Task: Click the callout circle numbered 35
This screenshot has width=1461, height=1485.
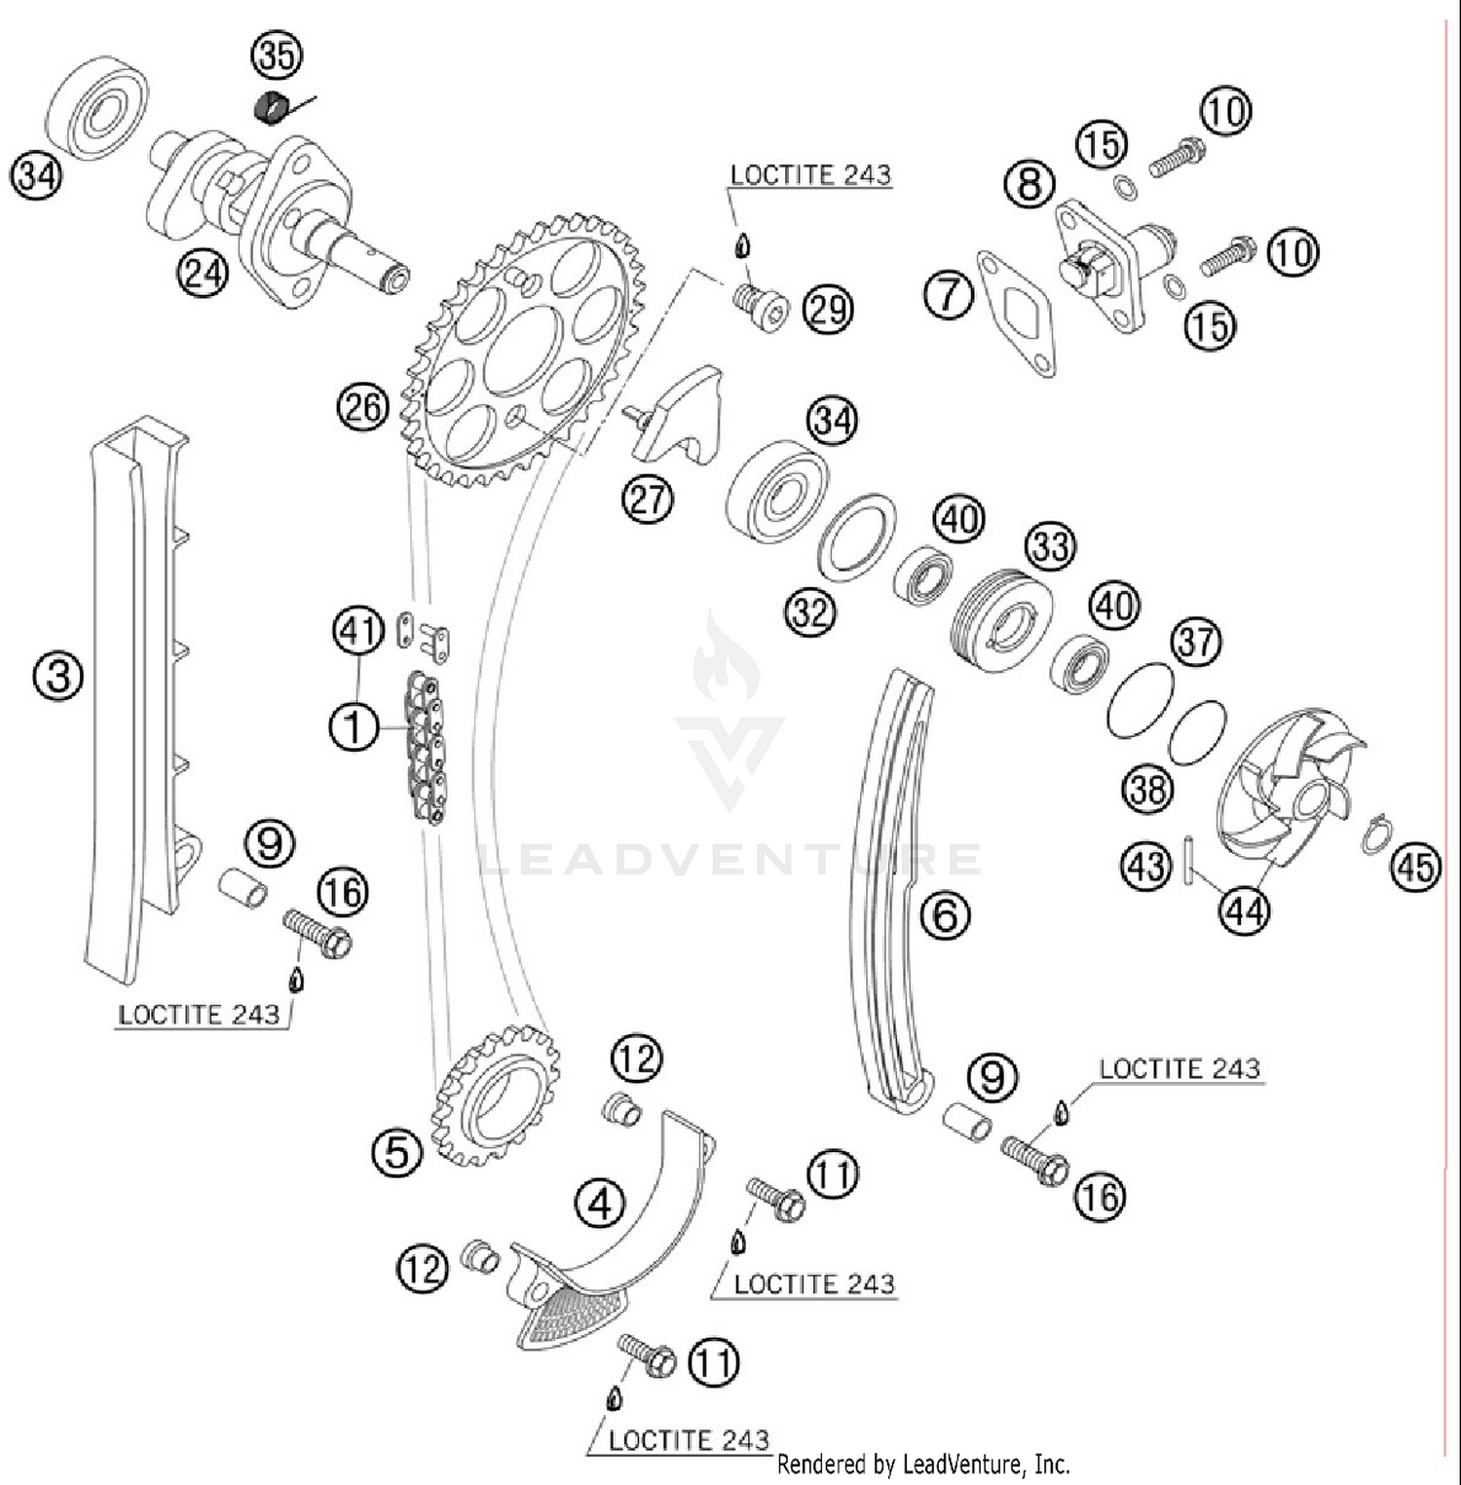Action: click(277, 55)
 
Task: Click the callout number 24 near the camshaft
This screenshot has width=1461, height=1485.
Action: click(203, 273)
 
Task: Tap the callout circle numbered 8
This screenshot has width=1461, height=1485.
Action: click(1029, 183)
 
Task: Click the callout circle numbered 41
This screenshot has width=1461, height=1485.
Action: click(357, 631)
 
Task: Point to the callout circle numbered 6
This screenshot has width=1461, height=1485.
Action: click(945, 914)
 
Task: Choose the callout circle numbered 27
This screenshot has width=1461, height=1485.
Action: click(648, 500)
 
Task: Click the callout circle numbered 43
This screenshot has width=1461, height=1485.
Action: click(1145, 864)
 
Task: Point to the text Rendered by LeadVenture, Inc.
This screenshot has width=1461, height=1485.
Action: click(923, 1464)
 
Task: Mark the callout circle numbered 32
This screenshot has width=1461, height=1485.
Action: click(810, 613)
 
